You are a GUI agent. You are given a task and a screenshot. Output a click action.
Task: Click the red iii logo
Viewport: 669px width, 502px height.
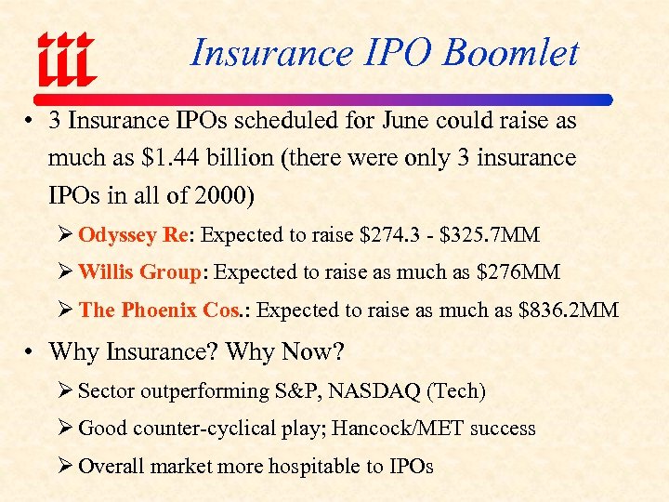pos(66,58)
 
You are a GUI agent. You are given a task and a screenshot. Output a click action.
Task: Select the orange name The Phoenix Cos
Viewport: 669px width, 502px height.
pos(160,310)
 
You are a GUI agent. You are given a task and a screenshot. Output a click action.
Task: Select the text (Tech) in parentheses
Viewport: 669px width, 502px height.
pos(455,390)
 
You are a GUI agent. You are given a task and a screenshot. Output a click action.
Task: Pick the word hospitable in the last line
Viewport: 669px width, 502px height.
pos(306,467)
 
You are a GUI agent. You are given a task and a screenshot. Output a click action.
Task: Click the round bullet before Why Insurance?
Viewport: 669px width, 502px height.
pos(31,353)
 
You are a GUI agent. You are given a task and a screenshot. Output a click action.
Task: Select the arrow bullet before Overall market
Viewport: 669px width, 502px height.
pos(67,467)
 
